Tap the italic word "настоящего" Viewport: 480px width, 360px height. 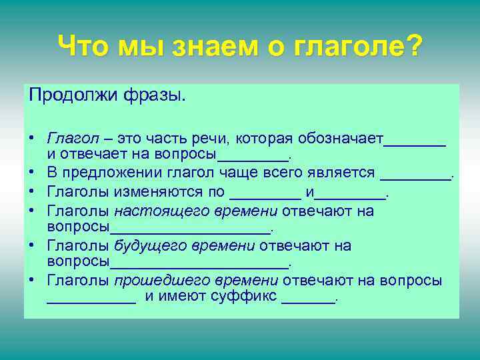(x=154, y=212)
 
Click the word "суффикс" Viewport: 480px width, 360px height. (x=246, y=297)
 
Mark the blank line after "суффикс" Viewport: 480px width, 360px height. (x=309, y=301)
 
